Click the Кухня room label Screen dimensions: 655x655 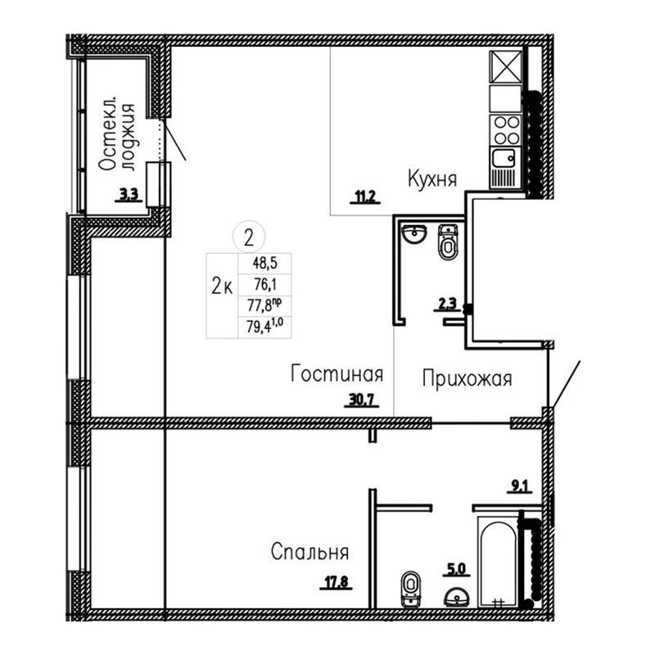432,179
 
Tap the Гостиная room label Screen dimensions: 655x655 337,373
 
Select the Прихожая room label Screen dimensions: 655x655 467,379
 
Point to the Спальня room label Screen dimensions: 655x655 309,552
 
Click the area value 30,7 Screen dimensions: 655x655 362,400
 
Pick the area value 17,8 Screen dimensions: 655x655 337,582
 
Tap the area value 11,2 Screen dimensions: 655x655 365,196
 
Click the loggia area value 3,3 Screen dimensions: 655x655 129,195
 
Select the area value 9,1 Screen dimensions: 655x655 520,486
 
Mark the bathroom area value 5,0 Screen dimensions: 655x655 456,569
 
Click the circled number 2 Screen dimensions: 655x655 249,237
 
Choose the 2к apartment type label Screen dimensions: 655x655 222,287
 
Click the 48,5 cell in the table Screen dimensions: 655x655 264,264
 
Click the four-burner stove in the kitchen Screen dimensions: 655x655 506,130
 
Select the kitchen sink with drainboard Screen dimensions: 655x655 505,168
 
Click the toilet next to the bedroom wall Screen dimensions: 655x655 410,589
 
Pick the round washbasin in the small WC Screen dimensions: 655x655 414,233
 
